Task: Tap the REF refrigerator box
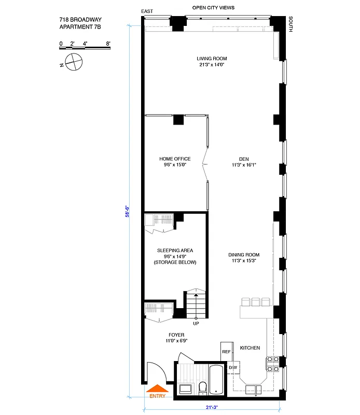click(x=226, y=351)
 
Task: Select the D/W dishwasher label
click(x=232, y=368)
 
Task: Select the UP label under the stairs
click(x=196, y=324)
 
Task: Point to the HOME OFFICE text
click(x=175, y=159)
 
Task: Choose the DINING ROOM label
click(x=244, y=255)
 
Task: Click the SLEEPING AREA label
click(x=175, y=250)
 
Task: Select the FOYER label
click(x=176, y=335)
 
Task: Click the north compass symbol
click(x=74, y=62)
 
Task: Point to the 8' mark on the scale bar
click(x=108, y=44)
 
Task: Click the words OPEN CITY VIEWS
click(x=213, y=8)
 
